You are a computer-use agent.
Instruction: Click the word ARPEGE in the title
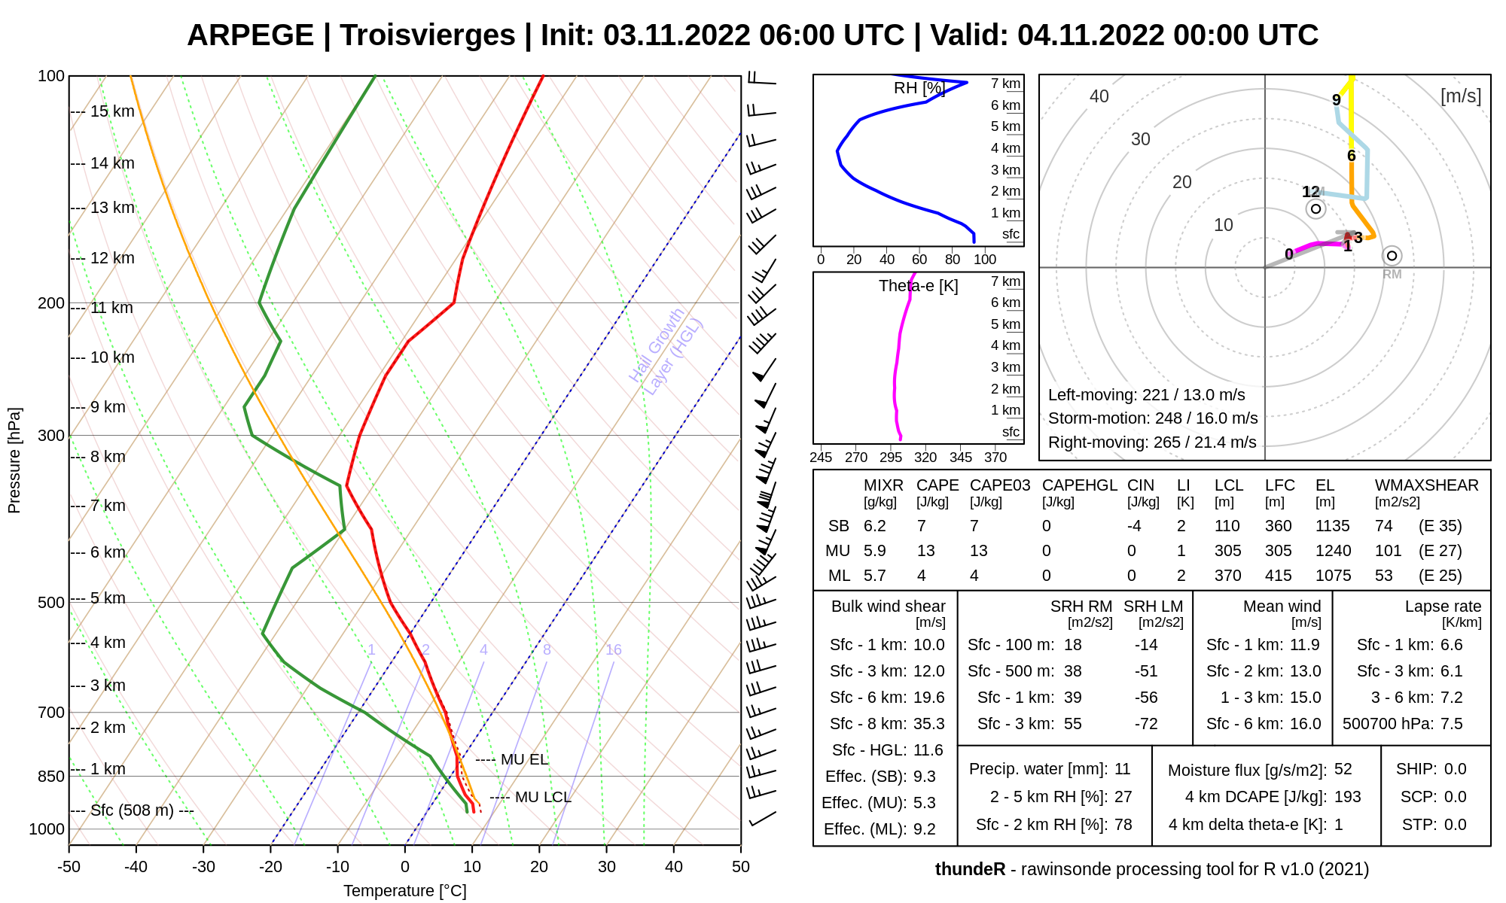(250, 35)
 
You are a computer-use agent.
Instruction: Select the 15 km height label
(112, 111)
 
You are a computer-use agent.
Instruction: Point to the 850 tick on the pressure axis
(51, 776)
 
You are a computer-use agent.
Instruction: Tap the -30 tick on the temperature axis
(203, 866)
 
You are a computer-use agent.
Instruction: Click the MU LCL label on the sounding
(543, 797)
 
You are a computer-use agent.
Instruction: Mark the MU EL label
(524, 759)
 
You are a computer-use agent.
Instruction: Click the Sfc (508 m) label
(132, 810)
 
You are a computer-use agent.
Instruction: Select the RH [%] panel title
(919, 88)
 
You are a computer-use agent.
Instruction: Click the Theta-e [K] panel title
(918, 286)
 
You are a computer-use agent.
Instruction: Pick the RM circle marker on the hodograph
(1392, 256)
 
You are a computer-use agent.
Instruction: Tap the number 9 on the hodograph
(1337, 99)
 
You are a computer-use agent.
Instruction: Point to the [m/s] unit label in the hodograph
(1460, 96)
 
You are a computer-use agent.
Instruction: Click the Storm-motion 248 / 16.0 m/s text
(1153, 418)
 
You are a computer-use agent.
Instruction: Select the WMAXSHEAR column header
(1426, 485)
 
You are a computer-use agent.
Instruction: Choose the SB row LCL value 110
(1227, 526)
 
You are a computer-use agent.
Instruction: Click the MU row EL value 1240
(1333, 551)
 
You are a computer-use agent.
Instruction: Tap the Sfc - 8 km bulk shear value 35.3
(928, 724)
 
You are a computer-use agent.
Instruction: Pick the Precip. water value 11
(1123, 769)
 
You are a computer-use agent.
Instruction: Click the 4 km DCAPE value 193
(1348, 797)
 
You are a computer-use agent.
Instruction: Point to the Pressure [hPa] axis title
(14, 461)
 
